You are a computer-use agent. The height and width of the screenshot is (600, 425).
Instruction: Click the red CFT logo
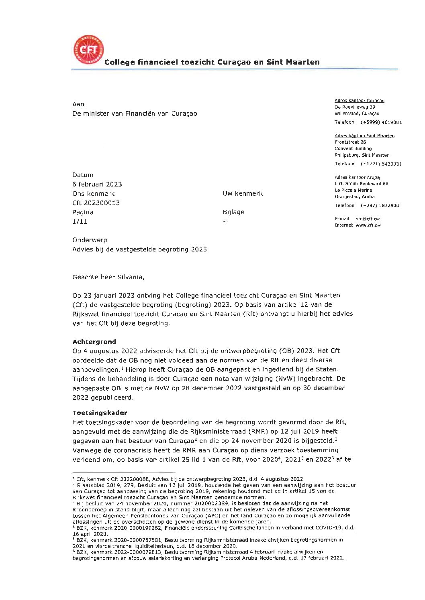point(88,50)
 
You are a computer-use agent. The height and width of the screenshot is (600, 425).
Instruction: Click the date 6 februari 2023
point(97,184)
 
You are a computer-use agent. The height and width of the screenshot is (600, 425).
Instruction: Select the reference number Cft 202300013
point(96,203)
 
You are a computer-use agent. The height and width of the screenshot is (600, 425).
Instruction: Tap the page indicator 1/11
point(80,221)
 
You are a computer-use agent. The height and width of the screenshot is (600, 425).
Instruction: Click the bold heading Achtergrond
point(94,342)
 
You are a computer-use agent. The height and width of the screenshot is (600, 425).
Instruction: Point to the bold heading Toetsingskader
point(100,413)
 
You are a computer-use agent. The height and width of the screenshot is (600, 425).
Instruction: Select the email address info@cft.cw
point(367,219)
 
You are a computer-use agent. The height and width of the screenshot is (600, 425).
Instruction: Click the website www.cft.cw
point(368,225)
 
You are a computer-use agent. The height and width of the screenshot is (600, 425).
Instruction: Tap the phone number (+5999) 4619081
point(381,122)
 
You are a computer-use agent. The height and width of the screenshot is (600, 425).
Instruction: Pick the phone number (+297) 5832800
point(380,205)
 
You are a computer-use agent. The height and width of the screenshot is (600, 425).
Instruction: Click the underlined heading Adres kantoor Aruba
point(357,177)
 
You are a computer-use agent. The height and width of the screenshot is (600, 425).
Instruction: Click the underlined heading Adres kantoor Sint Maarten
point(364,136)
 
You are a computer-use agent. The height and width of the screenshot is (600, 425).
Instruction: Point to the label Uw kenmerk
point(243,194)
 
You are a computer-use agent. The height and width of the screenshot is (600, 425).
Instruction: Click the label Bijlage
point(233,212)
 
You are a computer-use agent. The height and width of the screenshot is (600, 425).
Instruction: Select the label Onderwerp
point(90,240)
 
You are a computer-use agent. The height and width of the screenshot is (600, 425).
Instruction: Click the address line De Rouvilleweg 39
point(355,107)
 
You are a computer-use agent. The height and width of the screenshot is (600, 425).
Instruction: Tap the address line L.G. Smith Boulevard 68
point(362,184)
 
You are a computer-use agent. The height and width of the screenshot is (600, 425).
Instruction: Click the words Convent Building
point(353,149)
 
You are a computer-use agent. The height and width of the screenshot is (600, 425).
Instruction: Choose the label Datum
point(83,175)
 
